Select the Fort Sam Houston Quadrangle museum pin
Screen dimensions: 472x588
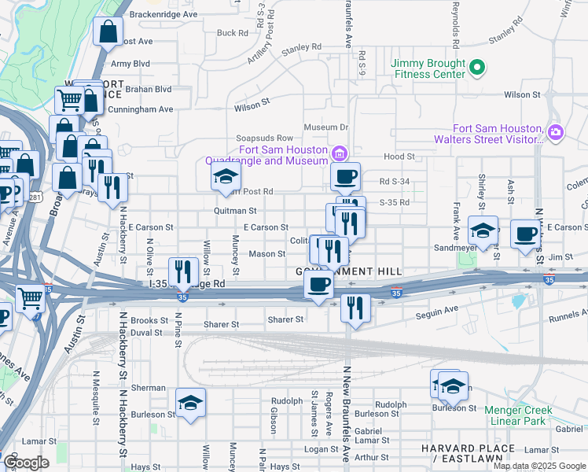pyautogui.click(x=340, y=153)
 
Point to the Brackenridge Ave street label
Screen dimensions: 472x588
pyautogui.click(x=164, y=14)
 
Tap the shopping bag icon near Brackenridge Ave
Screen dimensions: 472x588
pyautogui.click(x=108, y=32)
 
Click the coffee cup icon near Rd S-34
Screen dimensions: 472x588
pyautogui.click(x=345, y=177)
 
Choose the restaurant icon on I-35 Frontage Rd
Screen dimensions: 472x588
pyautogui.click(x=183, y=272)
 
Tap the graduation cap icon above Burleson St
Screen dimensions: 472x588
pyautogui.click(x=191, y=403)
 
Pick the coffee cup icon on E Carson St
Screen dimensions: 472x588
pyautogui.click(x=525, y=233)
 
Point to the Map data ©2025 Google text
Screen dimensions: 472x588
pyautogui.click(x=539, y=466)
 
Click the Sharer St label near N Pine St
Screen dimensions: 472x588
pyautogui.click(x=221, y=324)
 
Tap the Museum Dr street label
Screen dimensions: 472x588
pyautogui.click(x=326, y=127)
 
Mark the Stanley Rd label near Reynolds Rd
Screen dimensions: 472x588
pyautogui.click(x=505, y=36)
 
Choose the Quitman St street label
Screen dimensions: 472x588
pyautogui.click(x=235, y=211)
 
